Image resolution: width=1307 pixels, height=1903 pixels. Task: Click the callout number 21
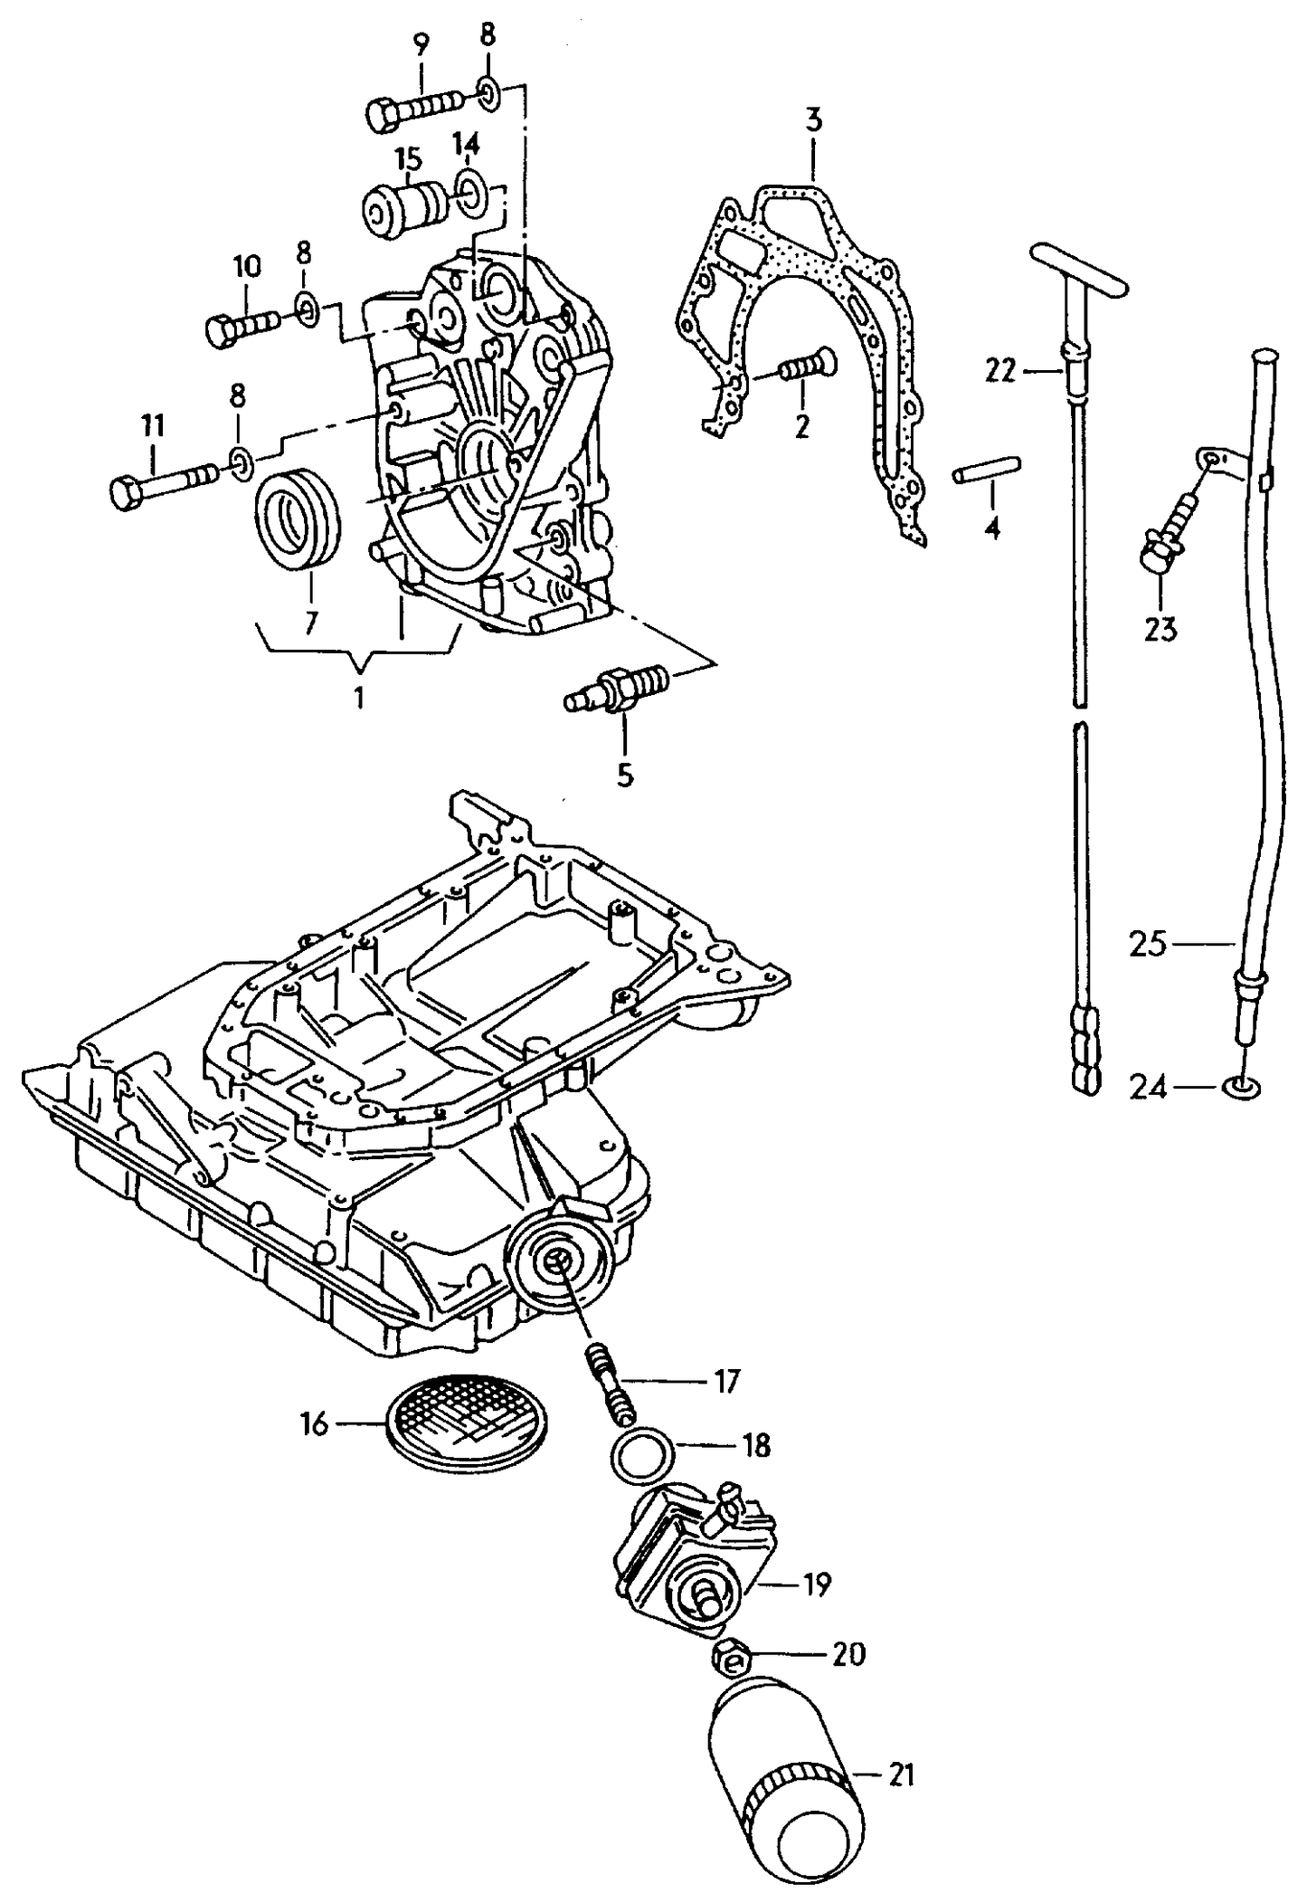901,1775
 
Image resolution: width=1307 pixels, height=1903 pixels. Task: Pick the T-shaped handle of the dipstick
1080,269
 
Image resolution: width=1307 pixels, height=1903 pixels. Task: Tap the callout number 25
1149,944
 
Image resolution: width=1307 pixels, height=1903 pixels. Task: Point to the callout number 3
812,120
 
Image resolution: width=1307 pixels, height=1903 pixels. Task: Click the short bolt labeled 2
808,366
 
